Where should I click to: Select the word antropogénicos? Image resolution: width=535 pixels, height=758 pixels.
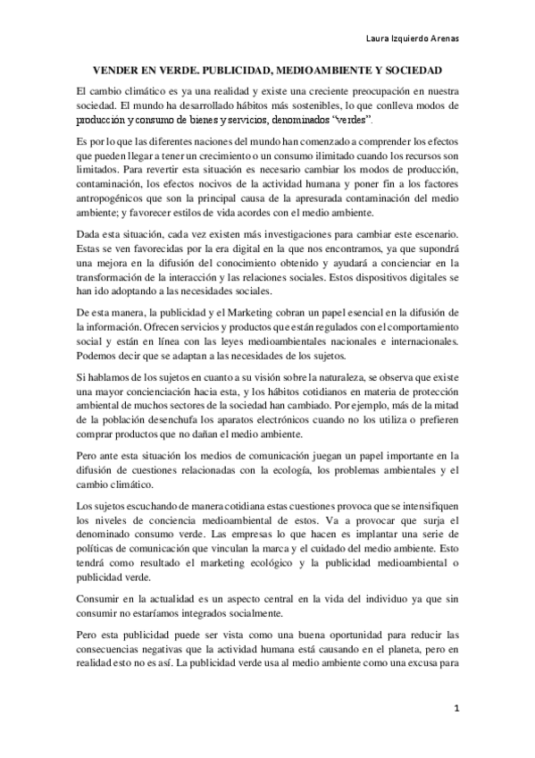[115, 198]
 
